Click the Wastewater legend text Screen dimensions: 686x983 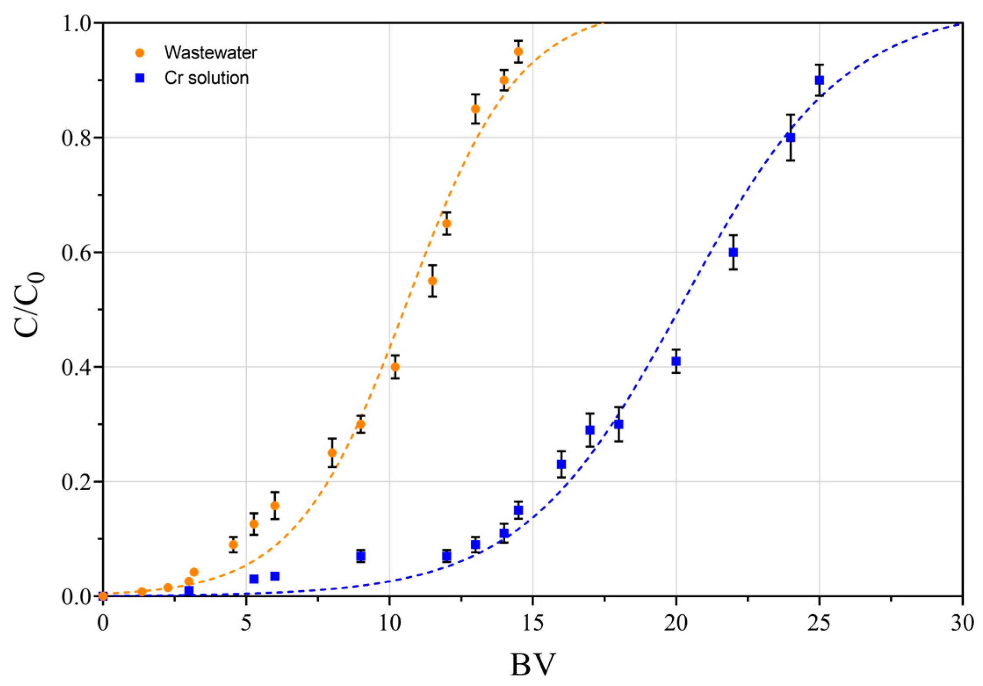[210, 53]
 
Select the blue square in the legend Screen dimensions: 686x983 [140, 78]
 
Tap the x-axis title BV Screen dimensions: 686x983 [533, 664]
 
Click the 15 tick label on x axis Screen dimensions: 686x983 [533, 622]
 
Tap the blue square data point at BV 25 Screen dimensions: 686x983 [819, 80]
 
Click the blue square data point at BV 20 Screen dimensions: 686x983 [676, 361]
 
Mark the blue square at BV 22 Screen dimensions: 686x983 [733, 252]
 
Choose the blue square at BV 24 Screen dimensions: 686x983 [791, 137]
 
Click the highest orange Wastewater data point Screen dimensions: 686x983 [519, 52]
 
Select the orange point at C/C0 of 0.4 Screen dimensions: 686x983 [395, 367]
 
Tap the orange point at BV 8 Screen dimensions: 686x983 [332, 453]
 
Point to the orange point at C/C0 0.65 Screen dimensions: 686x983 [446, 224]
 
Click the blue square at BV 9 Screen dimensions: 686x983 [361, 556]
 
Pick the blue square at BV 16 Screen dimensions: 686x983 [561, 464]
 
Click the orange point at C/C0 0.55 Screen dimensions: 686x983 [432, 281]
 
